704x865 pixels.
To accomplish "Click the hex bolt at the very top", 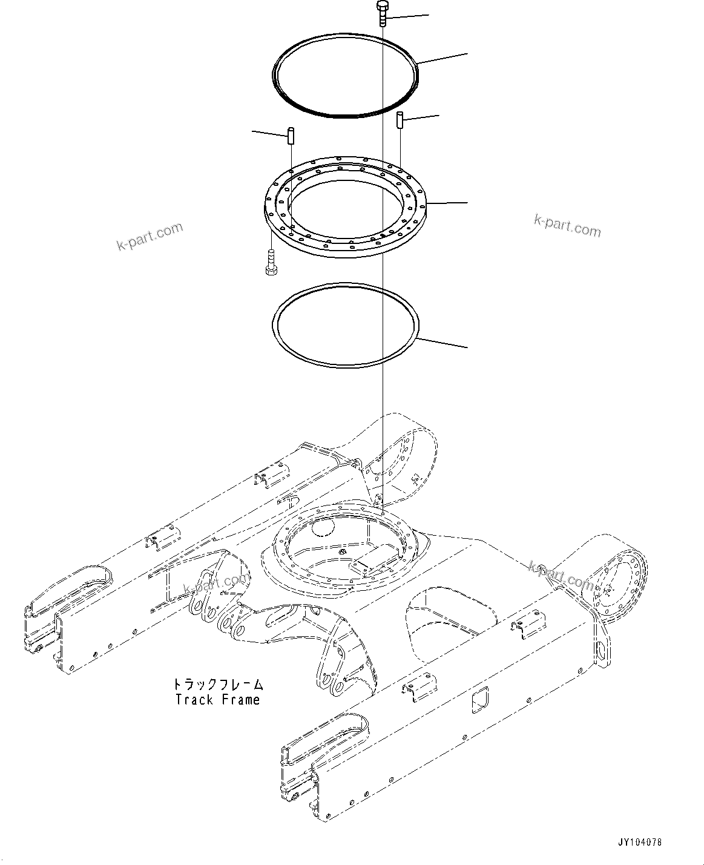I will pos(383,12).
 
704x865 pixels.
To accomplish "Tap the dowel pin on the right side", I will pos(400,119).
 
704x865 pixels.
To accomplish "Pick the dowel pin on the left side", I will pos(291,134).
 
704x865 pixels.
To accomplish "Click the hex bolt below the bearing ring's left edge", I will pos(271,263).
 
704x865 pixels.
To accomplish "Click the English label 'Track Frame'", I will pos(217,700).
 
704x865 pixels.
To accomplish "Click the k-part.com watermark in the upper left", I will pos(149,236).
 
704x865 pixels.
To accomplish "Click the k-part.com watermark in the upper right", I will pos(567,226).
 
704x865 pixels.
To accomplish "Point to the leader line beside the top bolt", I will pos(409,16).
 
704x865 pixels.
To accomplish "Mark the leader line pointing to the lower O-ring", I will pos(442,343).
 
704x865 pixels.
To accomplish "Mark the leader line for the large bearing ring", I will pos(448,202).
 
